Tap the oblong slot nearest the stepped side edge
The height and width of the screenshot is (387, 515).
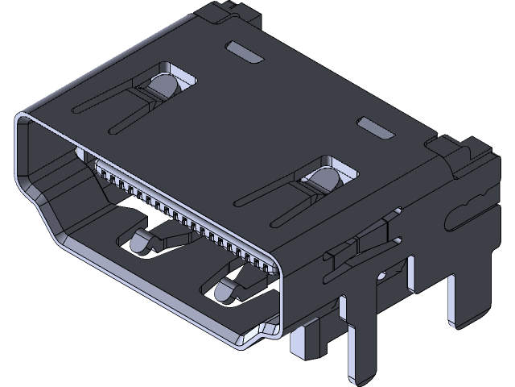(x=374, y=127)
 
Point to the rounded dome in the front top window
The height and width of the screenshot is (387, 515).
(x=324, y=181)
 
